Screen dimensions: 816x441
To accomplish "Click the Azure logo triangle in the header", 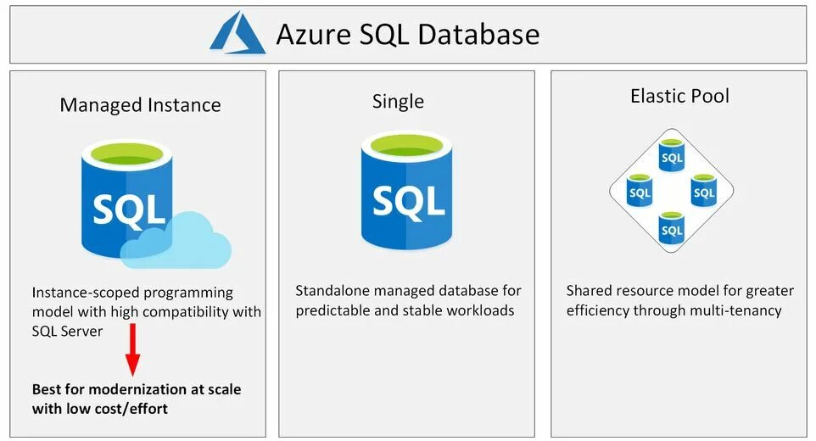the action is point(238,33).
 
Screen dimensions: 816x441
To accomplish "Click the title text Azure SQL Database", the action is point(407,34).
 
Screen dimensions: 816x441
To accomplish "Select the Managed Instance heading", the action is point(140,105).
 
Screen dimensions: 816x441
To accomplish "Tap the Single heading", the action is point(398,102).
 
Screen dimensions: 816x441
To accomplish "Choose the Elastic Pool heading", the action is point(679,96).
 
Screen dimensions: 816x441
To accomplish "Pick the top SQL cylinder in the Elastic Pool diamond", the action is point(672,156).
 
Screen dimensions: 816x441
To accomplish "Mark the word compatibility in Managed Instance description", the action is point(182,311).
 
